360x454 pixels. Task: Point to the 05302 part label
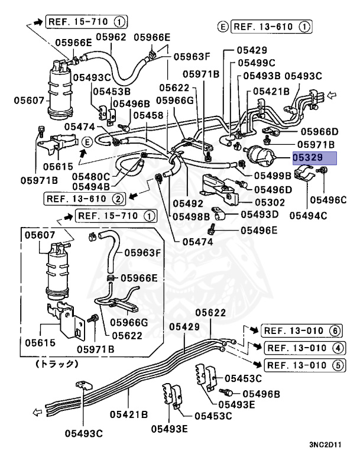tap(270, 202)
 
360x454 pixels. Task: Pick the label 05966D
tap(319, 131)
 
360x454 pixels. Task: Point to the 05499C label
tap(257, 62)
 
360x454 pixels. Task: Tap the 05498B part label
tap(191, 216)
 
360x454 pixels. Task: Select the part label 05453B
tap(110, 91)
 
